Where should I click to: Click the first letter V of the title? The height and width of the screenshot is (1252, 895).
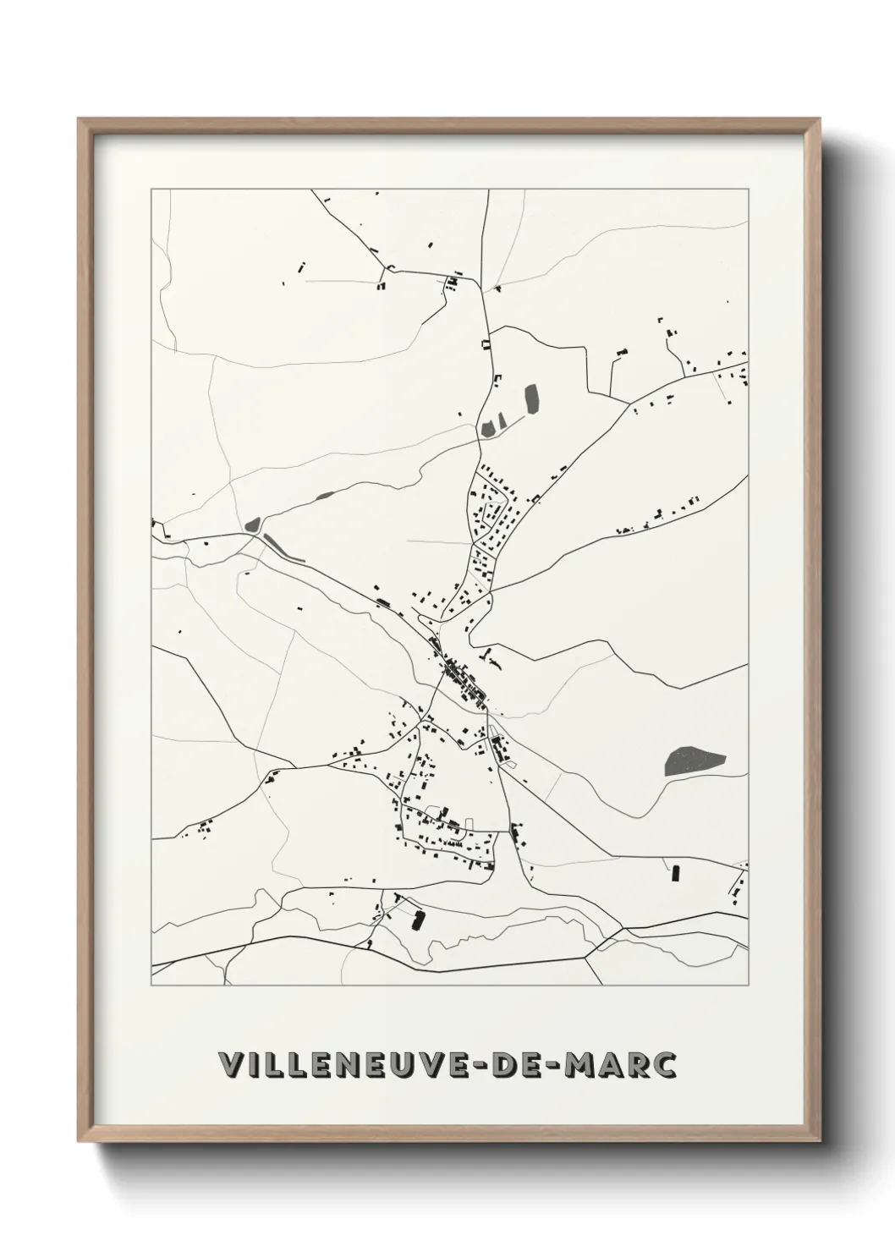tap(230, 1065)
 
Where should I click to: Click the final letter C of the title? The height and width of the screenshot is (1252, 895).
tap(666, 1065)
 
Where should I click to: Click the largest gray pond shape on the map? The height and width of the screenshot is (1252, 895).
tap(695, 761)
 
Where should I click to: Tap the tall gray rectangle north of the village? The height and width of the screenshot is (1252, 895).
tap(532, 399)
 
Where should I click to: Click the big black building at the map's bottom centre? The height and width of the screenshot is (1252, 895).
tap(416, 920)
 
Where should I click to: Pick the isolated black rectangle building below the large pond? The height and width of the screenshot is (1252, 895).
tap(675, 872)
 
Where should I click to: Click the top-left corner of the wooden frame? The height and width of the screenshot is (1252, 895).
tap(79, 119)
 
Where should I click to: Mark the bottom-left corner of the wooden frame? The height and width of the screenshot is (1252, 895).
tap(79, 1144)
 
